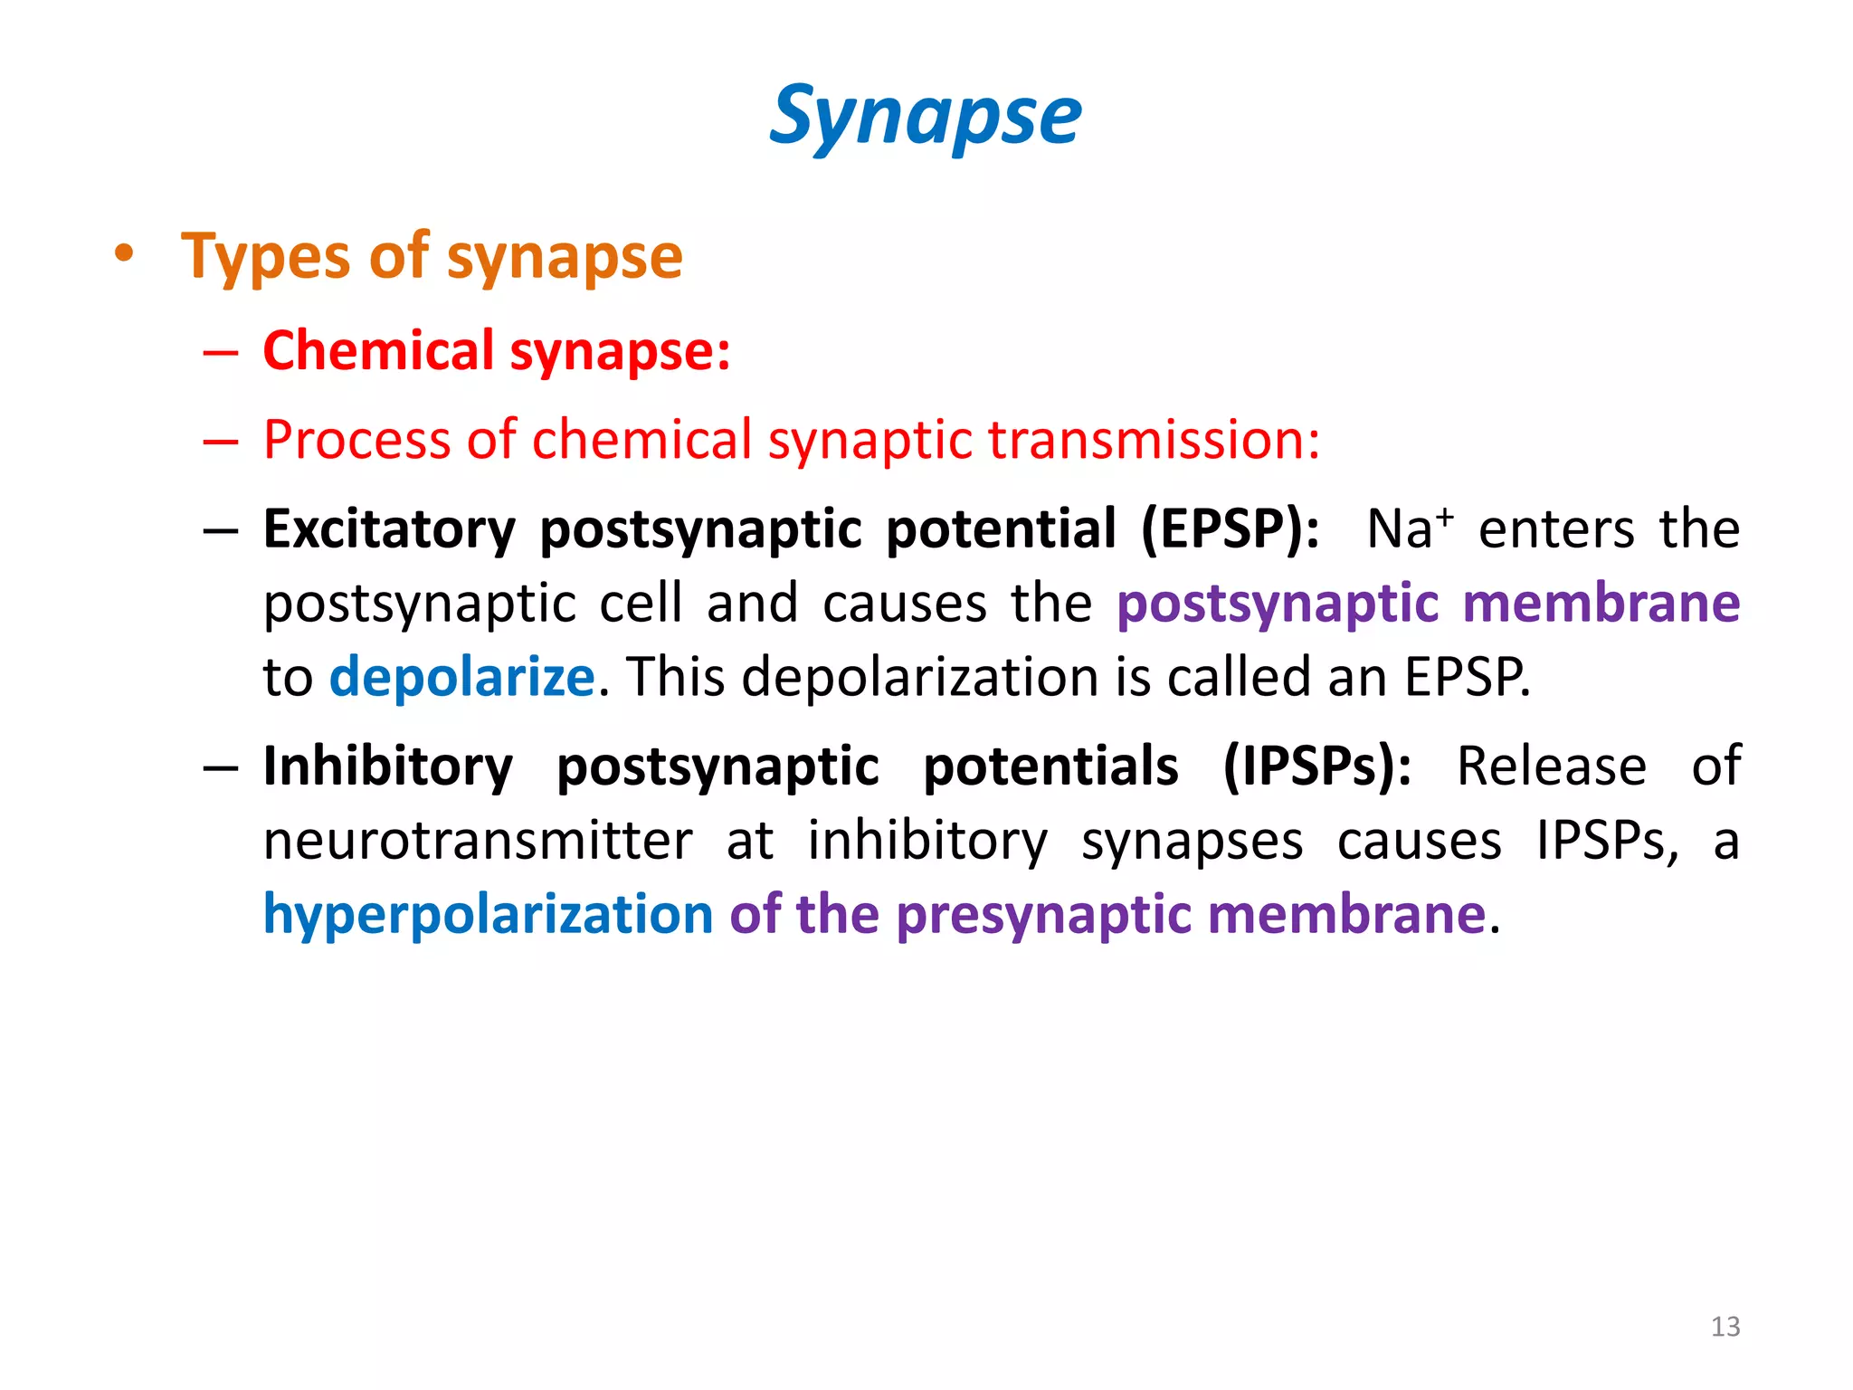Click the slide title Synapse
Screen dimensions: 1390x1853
[x=925, y=116]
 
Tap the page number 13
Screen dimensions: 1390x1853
[x=1725, y=1327]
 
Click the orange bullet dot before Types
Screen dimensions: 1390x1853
[x=124, y=254]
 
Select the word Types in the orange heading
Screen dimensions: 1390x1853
[x=264, y=257]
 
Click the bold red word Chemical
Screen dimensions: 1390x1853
[x=378, y=350]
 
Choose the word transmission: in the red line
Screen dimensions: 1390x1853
[x=1154, y=441]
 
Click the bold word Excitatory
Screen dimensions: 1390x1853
[x=389, y=529]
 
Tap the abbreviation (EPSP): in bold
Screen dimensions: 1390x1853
[x=1230, y=529]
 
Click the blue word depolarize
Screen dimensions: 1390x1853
[x=461, y=677]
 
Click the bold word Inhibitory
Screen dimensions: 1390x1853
[x=388, y=767]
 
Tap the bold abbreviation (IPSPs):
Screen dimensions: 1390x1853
[x=1316, y=767]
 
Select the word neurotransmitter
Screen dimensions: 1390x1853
[x=478, y=841]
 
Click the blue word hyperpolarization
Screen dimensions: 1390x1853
[x=489, y=915]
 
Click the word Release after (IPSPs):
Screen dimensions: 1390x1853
[x=1551, y=767]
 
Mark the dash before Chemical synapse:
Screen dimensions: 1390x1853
[x=221, y=352]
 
